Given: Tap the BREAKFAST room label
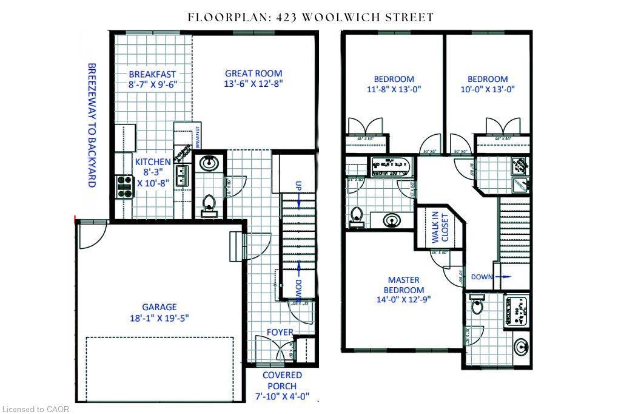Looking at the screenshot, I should (x=152, y=75).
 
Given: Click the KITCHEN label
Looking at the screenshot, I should (x=153, y=162).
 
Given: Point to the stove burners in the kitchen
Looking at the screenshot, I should (x=125, y=186).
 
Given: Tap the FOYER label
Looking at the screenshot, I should (x=280, y=332).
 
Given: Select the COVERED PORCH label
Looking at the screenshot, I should (x=282, y=381).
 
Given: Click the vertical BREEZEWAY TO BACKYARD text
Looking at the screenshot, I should (x=92, y=124).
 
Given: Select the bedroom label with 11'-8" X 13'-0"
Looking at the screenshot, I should (x=394, y=79).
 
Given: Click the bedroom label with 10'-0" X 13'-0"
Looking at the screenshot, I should (x=487, y=79).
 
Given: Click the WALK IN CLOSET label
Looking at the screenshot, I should (x=439, y=228).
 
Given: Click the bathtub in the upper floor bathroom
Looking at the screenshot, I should (x=391, y=164).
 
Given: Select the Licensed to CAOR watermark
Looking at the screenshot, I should (x=36, y=409).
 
